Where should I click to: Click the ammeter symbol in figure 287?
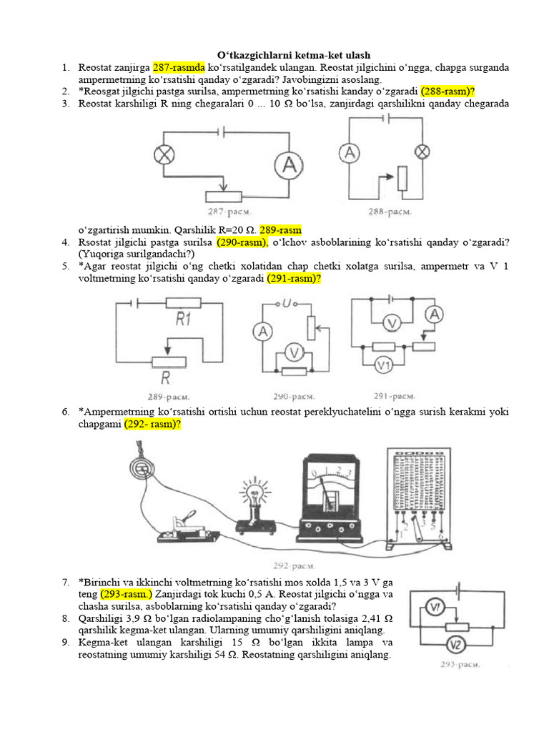(290, 166)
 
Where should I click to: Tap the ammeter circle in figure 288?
(348, 152)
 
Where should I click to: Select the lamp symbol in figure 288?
(422, 151)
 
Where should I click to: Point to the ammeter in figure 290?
(263, 331)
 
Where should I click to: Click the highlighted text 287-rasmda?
(179, 67)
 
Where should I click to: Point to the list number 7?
(64, 583)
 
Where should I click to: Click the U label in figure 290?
(287, 304)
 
